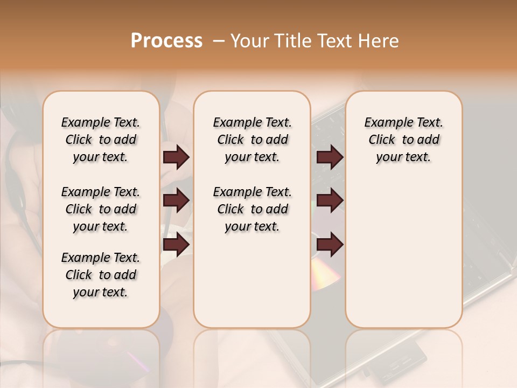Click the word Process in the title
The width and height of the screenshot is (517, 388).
pos(166,40)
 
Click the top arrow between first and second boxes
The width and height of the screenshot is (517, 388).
pos(176,157)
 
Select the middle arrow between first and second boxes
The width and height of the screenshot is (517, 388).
pos(176,200)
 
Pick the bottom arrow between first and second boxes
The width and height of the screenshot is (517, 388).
pos(176,244)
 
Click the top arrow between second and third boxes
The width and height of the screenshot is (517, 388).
pos(330,157)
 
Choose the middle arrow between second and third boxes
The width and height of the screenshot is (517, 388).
pos(330,200)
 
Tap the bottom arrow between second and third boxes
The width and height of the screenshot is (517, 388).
pos(330,244)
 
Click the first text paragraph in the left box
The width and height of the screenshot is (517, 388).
pos(101,140)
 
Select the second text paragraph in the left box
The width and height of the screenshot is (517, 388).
pos(101,209)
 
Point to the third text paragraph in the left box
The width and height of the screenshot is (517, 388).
pos(101,275)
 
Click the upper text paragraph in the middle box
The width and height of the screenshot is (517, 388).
pos(252,140)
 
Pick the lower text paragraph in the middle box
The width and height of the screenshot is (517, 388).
pos(252,209)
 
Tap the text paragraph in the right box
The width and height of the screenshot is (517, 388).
pos(403,140)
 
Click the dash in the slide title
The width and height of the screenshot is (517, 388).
pos(218,40)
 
